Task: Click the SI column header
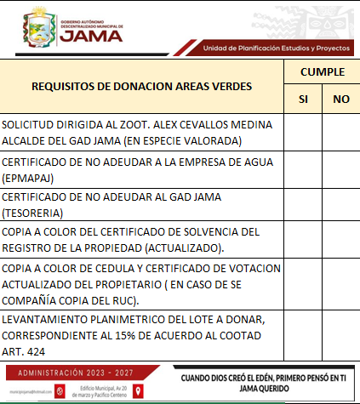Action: click(303, 100)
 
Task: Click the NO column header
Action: click(341, 100)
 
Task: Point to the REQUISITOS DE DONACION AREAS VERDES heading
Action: click(142, 86)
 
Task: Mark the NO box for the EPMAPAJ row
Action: click(341, 169)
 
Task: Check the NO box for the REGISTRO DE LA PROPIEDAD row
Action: click(341, 239)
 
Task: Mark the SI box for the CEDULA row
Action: click(303, 284)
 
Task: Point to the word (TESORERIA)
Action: click(33, 211)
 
